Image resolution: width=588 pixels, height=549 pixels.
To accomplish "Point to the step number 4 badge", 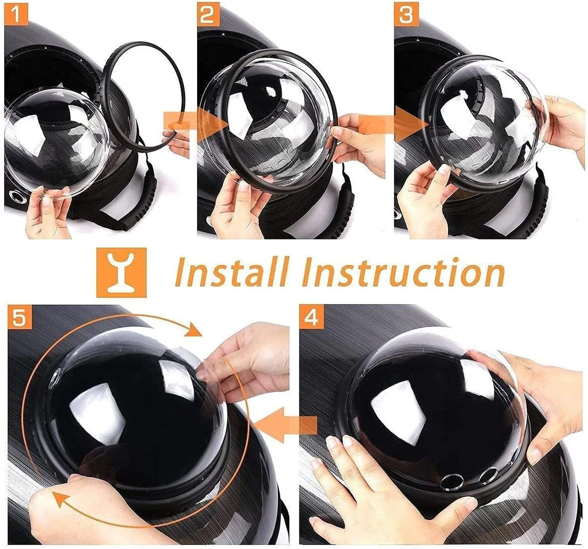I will [311, 317].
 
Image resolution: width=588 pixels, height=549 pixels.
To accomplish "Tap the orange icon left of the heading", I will [121, 273].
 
